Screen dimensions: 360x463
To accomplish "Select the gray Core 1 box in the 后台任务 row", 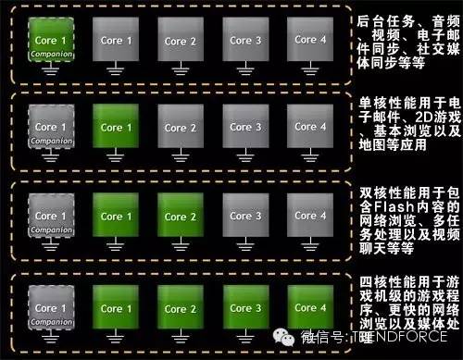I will click(x=117, y=40).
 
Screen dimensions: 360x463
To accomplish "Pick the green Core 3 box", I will click(x=244, y=307).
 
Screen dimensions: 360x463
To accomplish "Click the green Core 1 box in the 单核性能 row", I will click(x=117, y=127).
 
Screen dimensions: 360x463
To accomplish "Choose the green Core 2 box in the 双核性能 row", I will click(x=181, y=216).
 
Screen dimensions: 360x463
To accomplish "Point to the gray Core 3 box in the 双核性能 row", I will click(x=244, y=216).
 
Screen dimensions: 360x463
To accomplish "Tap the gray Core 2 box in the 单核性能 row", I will click(x=181, y=127).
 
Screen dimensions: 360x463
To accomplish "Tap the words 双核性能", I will click(x=387, y=192).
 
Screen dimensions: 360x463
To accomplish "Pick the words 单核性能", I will click(x=387, y=102).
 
